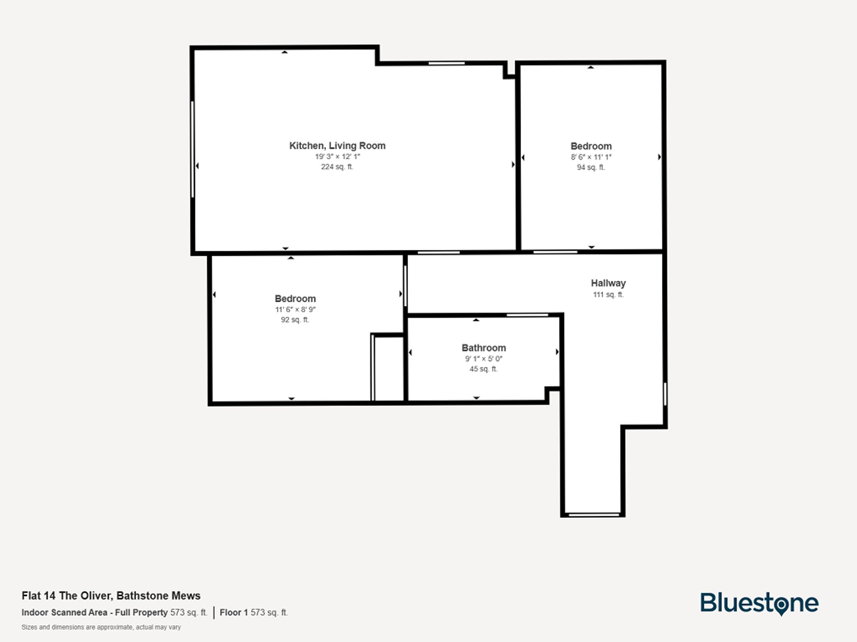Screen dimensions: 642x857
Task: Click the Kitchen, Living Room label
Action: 337,146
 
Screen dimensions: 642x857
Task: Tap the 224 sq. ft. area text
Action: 337,167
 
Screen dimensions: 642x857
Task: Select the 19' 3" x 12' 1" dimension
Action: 337,157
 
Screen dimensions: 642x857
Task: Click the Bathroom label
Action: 483,348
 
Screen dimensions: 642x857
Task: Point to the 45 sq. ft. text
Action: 483,369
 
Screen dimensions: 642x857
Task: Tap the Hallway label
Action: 608,283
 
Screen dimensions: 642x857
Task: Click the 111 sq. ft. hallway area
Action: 608,294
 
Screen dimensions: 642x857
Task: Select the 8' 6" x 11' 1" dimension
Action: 591,157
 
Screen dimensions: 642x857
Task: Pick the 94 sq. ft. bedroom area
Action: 591,167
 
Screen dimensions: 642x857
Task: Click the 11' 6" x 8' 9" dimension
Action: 295,309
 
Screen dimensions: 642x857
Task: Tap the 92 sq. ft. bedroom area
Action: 295,320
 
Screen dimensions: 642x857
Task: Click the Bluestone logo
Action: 759,603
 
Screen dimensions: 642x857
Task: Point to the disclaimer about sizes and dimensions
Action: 101,627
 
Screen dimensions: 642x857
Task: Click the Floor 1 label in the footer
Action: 234,612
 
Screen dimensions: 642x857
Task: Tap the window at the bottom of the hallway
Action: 594,514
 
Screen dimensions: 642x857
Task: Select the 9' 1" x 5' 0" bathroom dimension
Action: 483,359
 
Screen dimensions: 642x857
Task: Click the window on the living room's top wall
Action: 446,63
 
